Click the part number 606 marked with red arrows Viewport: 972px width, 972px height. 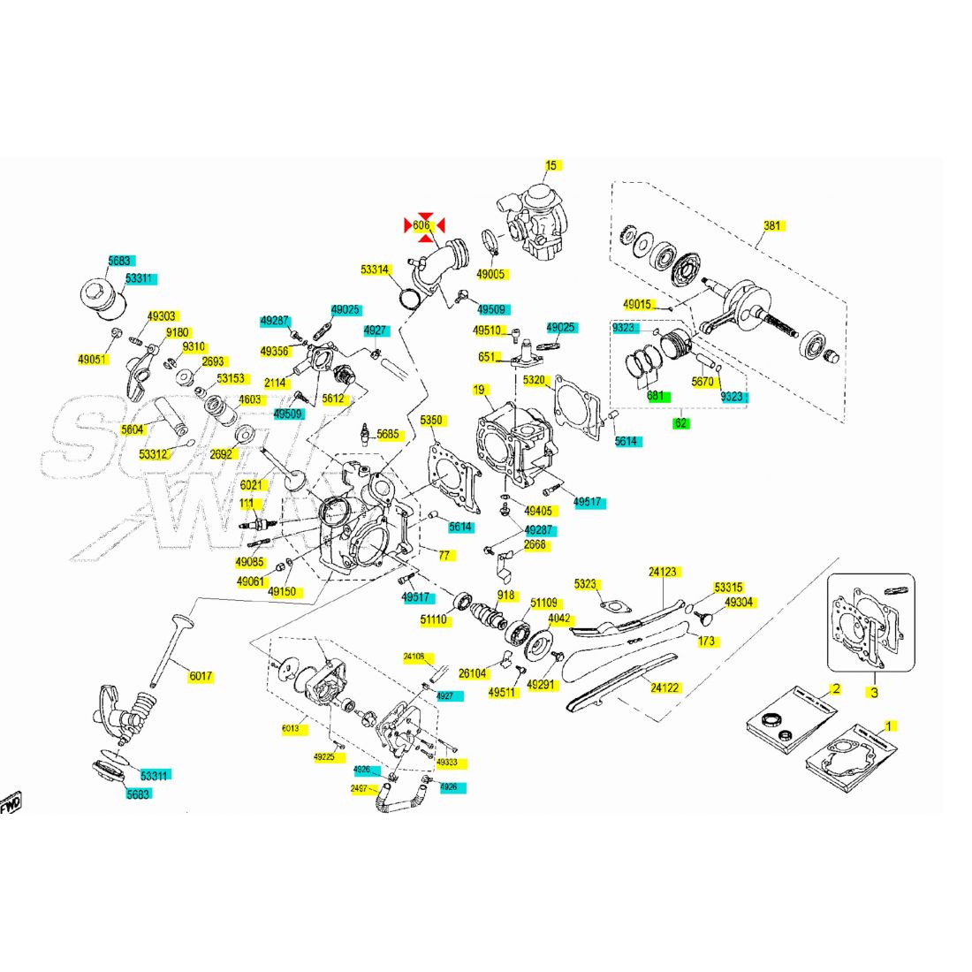click(421, 226)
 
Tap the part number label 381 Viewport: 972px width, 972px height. click(772, 226)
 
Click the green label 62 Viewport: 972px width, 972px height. click(681, 423)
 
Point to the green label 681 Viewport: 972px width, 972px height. click(656, 397)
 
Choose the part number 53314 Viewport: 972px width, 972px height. click(375, 270)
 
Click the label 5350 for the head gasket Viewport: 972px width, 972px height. click(431, 421)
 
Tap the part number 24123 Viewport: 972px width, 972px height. click(663, 572)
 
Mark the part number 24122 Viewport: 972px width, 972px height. click(664, 687)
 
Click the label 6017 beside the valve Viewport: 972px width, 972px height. click(201, 677)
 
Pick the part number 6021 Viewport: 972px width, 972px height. click(251, 485)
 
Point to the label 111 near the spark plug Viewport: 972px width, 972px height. click(247, 504)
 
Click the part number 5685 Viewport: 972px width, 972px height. click(388, 435)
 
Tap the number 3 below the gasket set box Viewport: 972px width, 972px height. click(873, 692)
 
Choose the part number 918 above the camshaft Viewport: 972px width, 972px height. click(505, 595)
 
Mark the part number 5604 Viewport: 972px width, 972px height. click(132, 429)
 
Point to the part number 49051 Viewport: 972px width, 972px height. click(92, 360)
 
